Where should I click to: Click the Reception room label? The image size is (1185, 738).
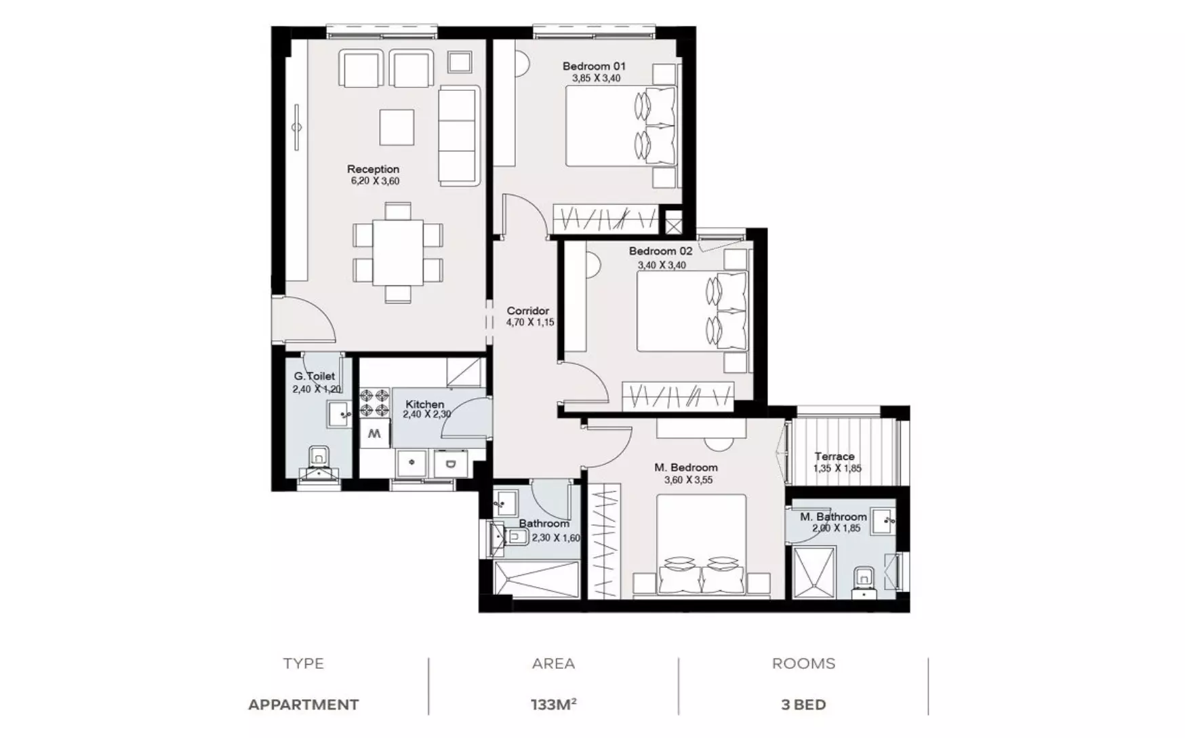[373, 170]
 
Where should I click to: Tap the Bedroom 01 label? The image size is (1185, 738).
[594, 66]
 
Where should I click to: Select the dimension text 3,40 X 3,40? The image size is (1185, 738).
[662, 265]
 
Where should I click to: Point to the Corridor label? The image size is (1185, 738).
[528, 311]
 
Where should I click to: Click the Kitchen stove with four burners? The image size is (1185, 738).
[374, 402]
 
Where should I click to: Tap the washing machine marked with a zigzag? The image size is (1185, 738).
[374, 433]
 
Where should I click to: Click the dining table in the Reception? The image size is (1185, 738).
[397, 252]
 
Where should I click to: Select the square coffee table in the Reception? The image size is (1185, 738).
[397, 127]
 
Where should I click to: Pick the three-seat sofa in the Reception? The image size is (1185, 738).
[459, 135]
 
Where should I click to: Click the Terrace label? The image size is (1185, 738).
[835, 457]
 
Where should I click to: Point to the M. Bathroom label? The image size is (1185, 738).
[833, 517]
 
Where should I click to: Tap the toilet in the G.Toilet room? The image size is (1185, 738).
[319, 463]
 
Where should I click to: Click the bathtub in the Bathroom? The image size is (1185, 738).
[537, 579]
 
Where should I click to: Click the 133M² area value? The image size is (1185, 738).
[553, 705]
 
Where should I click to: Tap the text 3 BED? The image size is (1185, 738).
[803, 705]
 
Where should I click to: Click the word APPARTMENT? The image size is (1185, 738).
[303, 705]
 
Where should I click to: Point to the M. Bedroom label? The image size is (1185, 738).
[686, 467]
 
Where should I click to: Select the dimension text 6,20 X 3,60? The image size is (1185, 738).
[375, 181]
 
